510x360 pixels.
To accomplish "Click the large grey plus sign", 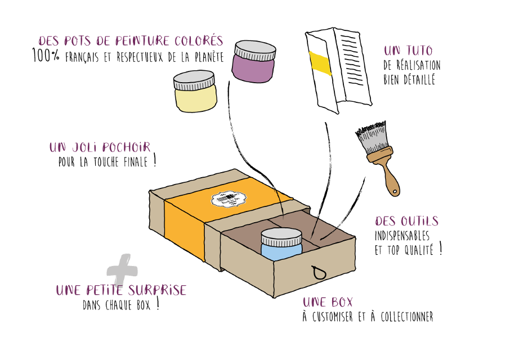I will coord(122,268).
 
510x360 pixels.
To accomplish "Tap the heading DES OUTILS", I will coord(406,221).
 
